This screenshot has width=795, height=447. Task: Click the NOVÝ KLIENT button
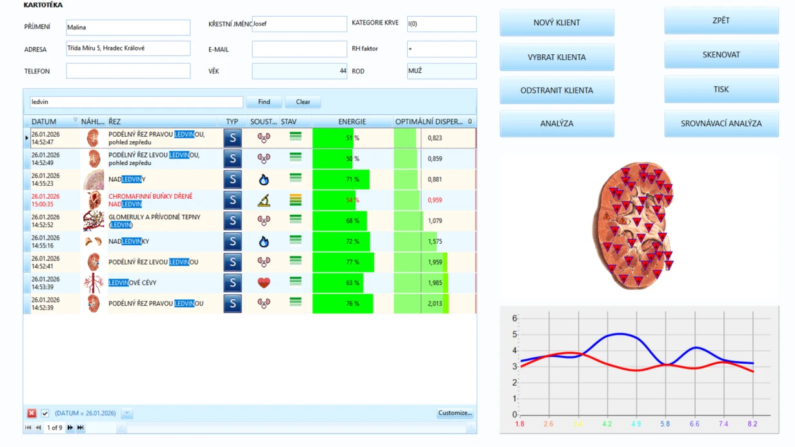pyautogui.click(x=556, y=23)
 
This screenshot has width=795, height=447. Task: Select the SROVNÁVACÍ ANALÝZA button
pyautogui.click(x=721, y=123)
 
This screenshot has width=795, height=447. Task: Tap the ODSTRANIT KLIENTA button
pyautogui.click(x=556, y=90)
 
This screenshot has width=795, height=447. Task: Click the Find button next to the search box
pyautogui.click(x=264, y=102)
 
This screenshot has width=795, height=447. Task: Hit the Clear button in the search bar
pyautogui.click(x=303, y=102)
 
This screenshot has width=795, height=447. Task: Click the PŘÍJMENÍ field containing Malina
pyautogui.click(x=128, y=27)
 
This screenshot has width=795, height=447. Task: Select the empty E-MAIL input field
pyautogui.click(x=299, y=49)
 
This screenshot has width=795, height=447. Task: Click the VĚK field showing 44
pyautogui.click(x=299, y=71)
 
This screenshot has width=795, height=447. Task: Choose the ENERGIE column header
pyautogui.click(x=352, y=122)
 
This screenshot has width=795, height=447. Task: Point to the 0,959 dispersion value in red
pyautogui.click(x=435, y=200)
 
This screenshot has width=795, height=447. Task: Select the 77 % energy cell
pyautogui.click(x=352, y=262)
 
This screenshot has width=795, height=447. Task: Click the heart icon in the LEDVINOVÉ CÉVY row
pyautogui.click(x=264, y=283)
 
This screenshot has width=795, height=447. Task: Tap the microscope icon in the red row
pyautogui.click(x=264, y=200)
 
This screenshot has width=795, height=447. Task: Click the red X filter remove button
pyautogui.click(x=32, y=413)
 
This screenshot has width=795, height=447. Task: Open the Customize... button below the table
pyautogui.click(x=455, y=413)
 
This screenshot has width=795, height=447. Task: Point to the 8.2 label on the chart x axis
pyautogui.click(x=752, y=424)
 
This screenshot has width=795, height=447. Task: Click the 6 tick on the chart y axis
pyautogui.click(x=515, y=318)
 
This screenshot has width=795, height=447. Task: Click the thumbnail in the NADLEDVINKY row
pyautogui.click(x=94, y=242)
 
